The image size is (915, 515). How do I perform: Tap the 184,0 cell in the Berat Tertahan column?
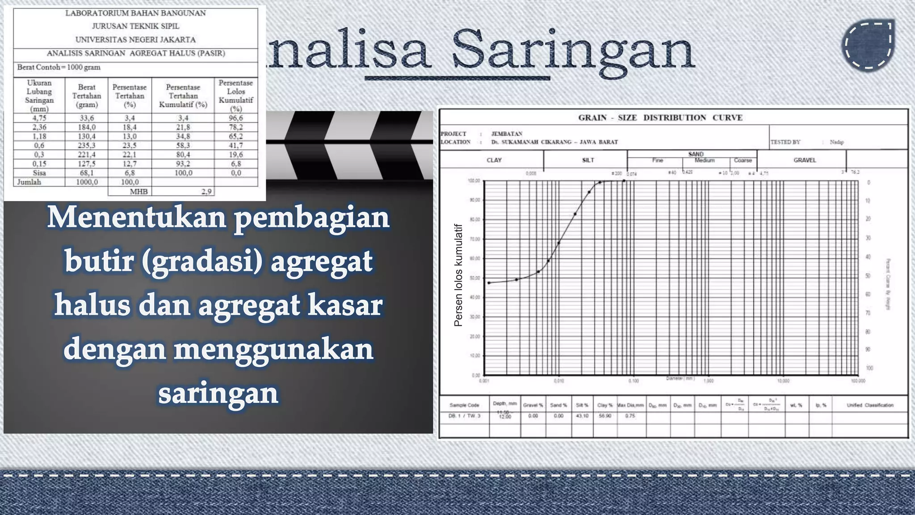point(87,127)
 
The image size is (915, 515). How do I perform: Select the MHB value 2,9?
point(206,192)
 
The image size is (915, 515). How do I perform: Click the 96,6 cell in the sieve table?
point(236,118)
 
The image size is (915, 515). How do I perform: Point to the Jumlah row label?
point(29,182)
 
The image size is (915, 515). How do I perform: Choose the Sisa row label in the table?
point(39,173)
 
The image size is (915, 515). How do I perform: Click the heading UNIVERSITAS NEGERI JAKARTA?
point(135,39)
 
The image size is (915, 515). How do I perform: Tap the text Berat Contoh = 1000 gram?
point(59,68)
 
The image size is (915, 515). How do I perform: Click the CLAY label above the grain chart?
point(494,160)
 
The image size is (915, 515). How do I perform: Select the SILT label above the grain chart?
point(588,160)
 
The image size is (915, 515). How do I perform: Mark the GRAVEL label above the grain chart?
point(804,160)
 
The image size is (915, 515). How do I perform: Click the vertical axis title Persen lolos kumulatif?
point(458,275)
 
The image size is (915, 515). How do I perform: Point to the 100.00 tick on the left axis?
point(474,181)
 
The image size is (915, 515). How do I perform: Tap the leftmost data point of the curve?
point(489,283)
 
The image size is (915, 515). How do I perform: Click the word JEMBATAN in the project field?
point(507,134)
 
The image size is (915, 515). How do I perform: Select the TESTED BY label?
point(785,142)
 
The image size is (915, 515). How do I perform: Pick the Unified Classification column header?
point(870,405)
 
